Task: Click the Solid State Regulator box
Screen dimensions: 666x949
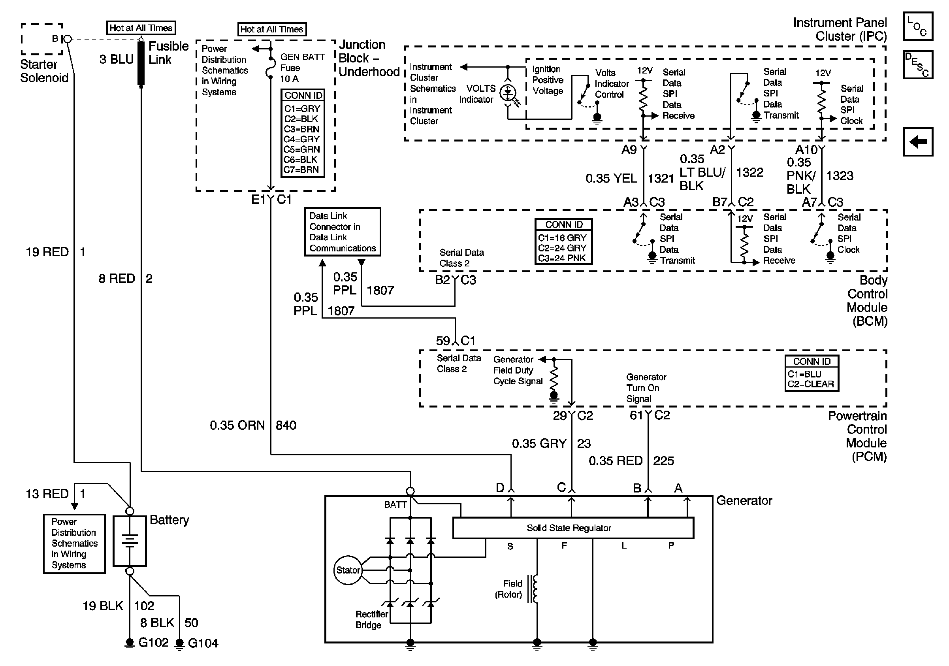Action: point(573,528)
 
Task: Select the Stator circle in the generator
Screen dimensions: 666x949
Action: point(348,570)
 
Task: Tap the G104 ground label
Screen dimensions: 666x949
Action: point(203,643)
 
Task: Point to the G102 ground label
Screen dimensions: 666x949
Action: point(153,642)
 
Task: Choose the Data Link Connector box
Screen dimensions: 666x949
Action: point(342,232)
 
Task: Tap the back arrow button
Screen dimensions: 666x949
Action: point(917,142)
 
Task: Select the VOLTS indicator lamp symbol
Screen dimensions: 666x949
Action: point(508,93)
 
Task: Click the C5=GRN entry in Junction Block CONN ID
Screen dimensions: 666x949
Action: point(302,149)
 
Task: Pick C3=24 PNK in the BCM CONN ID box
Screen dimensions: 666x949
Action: point(562,258)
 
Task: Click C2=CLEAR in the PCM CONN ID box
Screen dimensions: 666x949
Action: point(811,384)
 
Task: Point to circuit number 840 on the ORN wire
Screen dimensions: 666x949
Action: point(286,425)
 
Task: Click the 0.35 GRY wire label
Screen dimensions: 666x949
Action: point(539,443)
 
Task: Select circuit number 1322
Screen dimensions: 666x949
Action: point(749,172)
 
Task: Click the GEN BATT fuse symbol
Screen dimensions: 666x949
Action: point(270,68)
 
